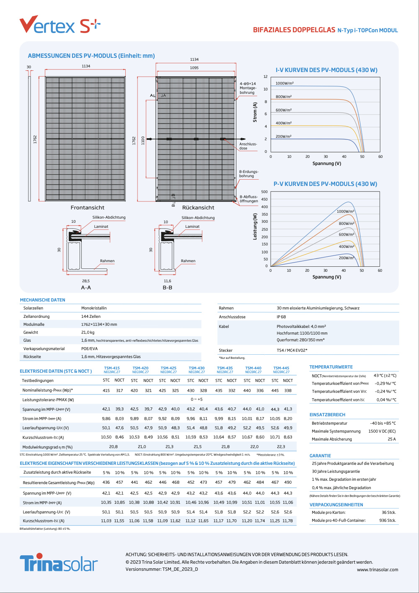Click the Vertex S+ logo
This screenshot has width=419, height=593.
coord(60,25)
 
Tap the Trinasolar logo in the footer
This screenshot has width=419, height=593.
coord(59,563)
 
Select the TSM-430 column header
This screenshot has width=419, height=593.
coord(197,370)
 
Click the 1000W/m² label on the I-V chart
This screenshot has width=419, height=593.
coord(285,83)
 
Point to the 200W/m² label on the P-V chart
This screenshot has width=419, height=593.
coord(347,258)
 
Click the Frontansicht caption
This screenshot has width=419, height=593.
coord(87,208)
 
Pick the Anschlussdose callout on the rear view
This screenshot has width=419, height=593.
coord(248,146)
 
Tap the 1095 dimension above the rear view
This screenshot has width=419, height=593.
coord(194,68)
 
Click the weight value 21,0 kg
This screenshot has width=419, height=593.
coord(88,333)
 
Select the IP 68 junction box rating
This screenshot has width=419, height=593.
coord(281,317)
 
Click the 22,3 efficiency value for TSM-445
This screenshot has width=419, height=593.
coord(281,447)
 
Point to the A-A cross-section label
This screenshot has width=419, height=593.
coord(86,288)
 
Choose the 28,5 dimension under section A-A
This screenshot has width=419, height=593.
coord(86,281)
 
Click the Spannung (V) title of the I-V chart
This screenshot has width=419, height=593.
coord(326,163)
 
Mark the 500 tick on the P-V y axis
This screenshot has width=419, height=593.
coord(264,192)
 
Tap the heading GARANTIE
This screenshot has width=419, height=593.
coord(320,456)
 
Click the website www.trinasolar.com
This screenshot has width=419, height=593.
coord(377,570)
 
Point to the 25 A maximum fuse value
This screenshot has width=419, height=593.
coord(391,439)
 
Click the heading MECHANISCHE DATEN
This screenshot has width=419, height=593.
coord(43,300)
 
